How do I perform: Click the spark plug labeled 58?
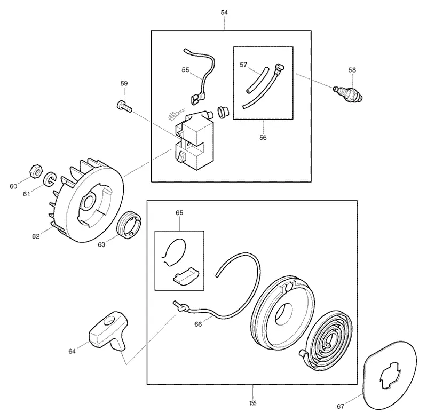tap(348, 94)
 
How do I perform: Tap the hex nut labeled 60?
tap(36, 171)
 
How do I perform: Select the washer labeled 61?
tap(50, 179)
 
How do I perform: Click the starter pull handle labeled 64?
tap(108, 330)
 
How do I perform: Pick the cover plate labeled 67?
tap(390, 375)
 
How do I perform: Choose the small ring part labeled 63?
tap(129, 225)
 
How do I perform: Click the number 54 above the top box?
tap(224, 12)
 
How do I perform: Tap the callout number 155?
tap(252, 403)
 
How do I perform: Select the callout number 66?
tap(198, 324)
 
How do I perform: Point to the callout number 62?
tap(36, 236)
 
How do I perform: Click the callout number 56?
tap(263, 138)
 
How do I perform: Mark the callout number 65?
tap(179, 213)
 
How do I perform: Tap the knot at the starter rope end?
tap(183, 307)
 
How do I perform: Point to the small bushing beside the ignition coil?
tap(223, 112)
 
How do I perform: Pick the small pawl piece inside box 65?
tap(186, 276)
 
